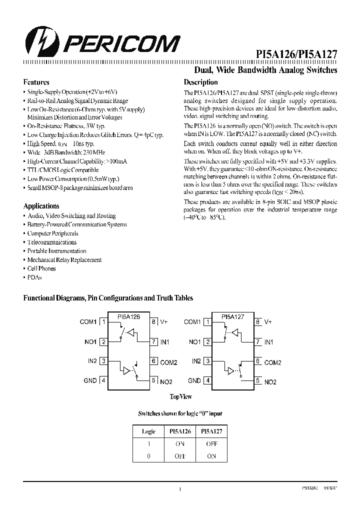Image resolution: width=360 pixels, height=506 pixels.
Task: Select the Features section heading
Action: click(36, 82)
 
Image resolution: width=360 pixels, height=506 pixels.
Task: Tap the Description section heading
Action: click(200, 82)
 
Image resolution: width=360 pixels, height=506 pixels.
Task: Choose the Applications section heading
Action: click(41, 206)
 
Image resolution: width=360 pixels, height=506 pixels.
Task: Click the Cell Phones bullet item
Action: click(41, 268)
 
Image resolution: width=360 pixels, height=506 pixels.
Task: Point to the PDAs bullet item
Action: click(34, 277)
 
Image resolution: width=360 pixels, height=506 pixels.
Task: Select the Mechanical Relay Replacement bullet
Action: click(64, 260)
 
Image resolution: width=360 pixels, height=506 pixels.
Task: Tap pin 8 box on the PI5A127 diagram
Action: click(257, 322)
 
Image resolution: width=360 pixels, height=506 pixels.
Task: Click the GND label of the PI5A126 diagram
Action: click(90, 380)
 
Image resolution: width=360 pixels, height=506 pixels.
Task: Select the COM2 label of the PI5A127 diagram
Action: click(272, 362)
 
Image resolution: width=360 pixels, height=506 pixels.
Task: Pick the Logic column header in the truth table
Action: click(148, 431)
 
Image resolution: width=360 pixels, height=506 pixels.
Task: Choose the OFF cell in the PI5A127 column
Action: click(211, 443)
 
